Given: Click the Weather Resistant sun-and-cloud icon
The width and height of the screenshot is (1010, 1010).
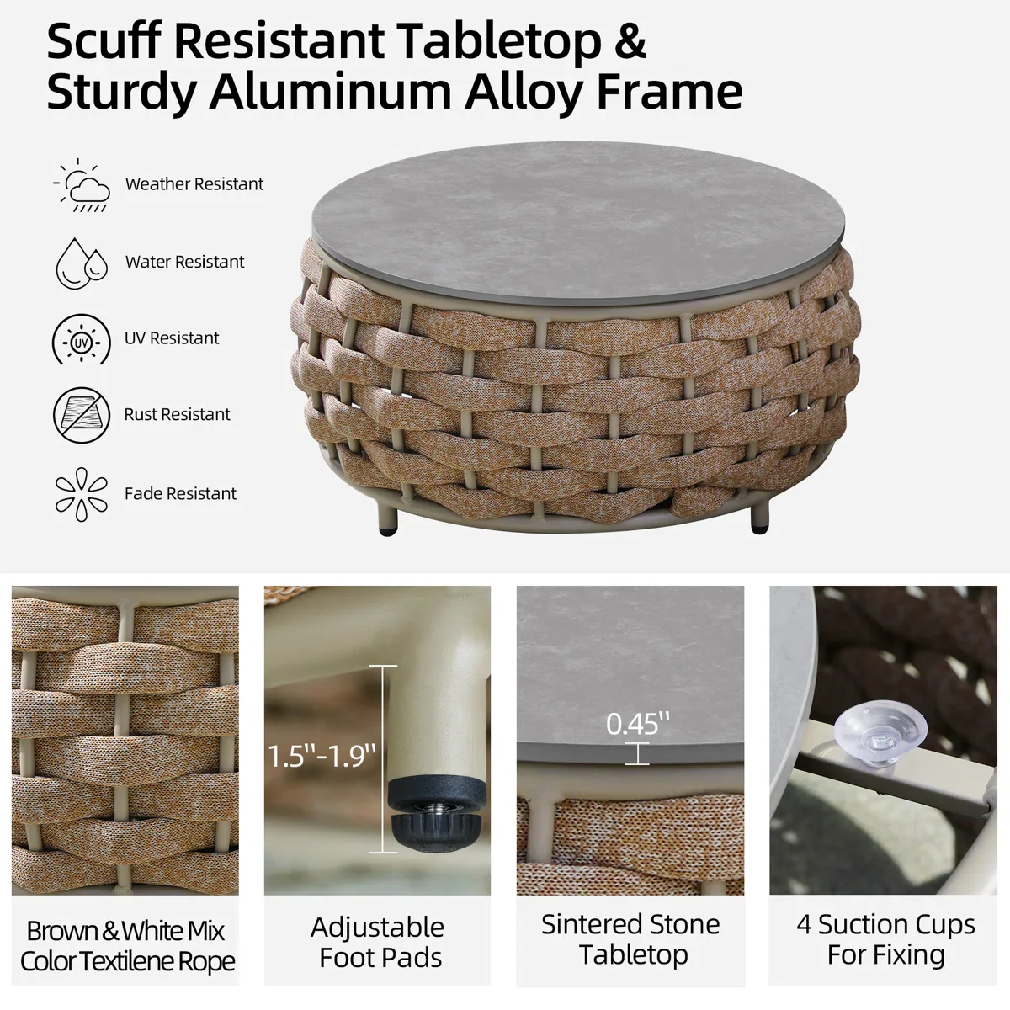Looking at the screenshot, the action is coord(82,185).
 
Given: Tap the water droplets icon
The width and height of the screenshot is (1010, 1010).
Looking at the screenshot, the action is coord(82,263).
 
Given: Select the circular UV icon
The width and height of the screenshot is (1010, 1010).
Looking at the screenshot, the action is coord(82,340).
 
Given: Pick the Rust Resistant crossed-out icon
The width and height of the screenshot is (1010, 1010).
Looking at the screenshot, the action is coord(82,415).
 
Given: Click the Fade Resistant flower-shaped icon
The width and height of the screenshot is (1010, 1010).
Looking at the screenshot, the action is coord(82,494).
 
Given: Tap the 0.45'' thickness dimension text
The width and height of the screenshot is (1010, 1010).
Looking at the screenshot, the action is coord(638,724).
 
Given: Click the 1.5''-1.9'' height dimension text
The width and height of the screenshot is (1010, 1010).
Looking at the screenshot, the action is coord(322,756).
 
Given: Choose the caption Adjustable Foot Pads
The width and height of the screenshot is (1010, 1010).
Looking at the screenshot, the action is coord(377,942).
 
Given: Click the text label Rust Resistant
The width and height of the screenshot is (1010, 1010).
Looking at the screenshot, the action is coord(177,415).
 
